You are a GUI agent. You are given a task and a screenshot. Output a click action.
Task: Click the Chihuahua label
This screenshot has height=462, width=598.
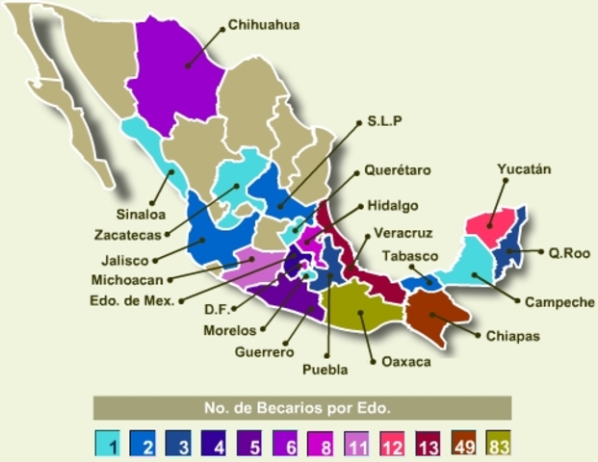(264, 25)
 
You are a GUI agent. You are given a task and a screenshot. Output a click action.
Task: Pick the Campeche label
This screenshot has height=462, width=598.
(559, 301)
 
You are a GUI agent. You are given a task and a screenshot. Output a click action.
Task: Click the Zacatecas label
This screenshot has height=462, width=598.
(127, 235)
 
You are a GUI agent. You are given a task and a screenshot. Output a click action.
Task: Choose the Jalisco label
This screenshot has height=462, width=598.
(125, 259)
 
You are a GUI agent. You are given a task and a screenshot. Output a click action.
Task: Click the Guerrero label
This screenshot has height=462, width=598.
(263, 351)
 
